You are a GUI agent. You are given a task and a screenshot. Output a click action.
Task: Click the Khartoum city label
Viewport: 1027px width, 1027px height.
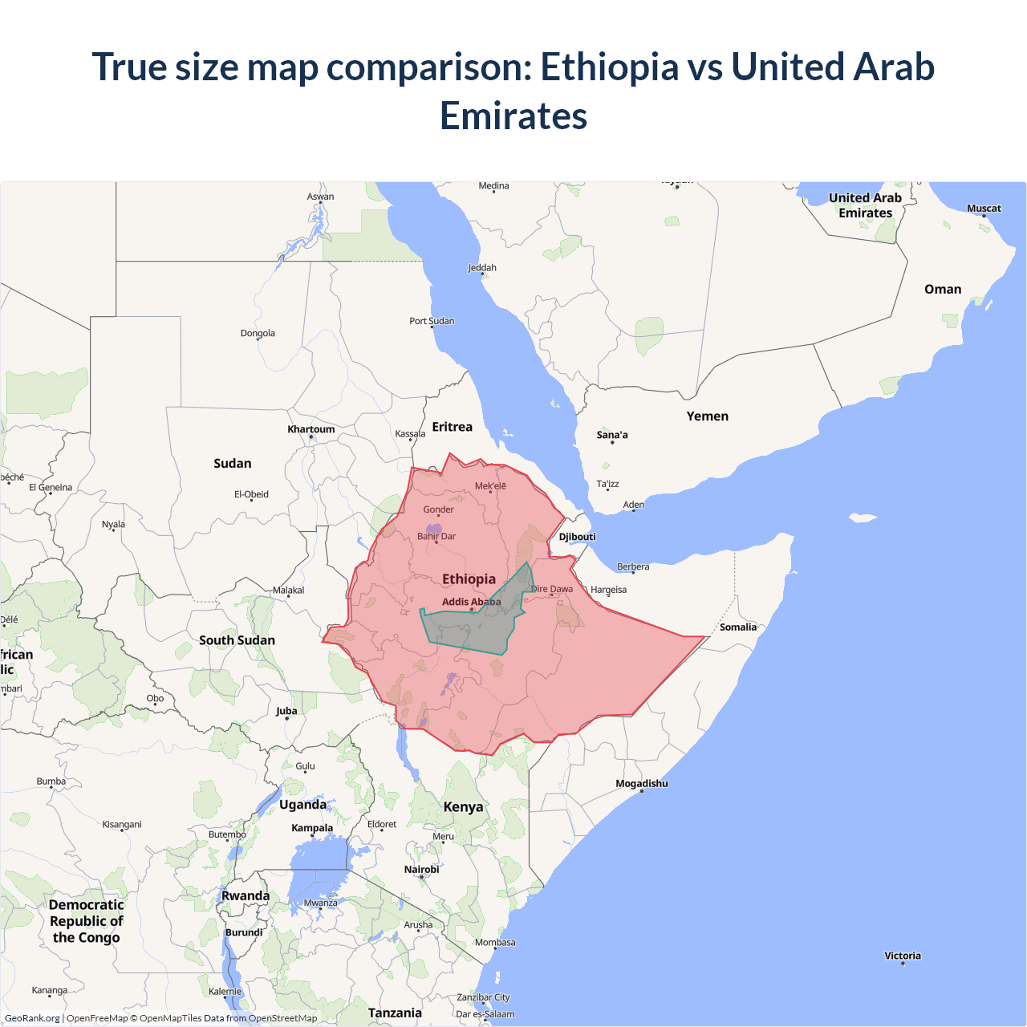(x=311, y=429)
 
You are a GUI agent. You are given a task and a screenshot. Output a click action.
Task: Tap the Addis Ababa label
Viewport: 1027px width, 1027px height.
(x=471, y=602)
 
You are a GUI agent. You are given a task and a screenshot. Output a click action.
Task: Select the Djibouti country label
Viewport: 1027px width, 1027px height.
(x=578, y=537)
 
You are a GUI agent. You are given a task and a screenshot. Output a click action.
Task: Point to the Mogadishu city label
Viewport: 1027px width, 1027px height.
(x=642, y=784)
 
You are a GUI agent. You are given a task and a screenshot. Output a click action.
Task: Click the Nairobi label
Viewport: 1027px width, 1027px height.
(x=421, y=870)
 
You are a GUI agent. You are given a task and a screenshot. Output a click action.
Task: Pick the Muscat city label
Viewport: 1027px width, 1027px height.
(x=984, y=209)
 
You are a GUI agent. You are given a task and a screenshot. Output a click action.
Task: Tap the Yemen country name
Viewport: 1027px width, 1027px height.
(x=708, y=416)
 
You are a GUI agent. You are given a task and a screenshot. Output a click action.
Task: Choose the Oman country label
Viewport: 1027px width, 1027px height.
(x=943, y=290)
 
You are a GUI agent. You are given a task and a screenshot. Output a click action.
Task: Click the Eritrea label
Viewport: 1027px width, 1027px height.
(x=453, y=427)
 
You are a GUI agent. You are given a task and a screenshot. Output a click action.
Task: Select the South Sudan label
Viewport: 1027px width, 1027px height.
(x=237, y=640)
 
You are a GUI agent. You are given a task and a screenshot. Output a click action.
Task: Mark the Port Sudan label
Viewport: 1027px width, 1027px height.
(x=432, y=321)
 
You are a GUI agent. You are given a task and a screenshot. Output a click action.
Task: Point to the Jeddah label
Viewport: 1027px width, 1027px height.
(x=482, y=268)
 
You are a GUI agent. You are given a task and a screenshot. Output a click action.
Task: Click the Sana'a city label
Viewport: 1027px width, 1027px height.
(x=612, y=435)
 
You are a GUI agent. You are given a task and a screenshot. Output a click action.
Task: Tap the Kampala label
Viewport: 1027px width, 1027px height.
(x=312, y=828)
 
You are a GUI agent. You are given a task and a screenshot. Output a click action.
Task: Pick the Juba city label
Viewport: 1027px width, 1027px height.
(x=286, y=711)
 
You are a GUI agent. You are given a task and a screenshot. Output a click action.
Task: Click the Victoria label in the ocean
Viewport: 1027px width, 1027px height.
(x=903, y=956)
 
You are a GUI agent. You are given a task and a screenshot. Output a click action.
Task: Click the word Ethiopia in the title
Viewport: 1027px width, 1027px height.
(x=610, y=67)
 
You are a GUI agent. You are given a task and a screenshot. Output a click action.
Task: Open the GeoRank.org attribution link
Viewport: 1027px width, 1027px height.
(x=32, y=1018)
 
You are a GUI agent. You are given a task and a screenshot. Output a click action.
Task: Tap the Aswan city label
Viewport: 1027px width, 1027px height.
(x=320, y=197)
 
